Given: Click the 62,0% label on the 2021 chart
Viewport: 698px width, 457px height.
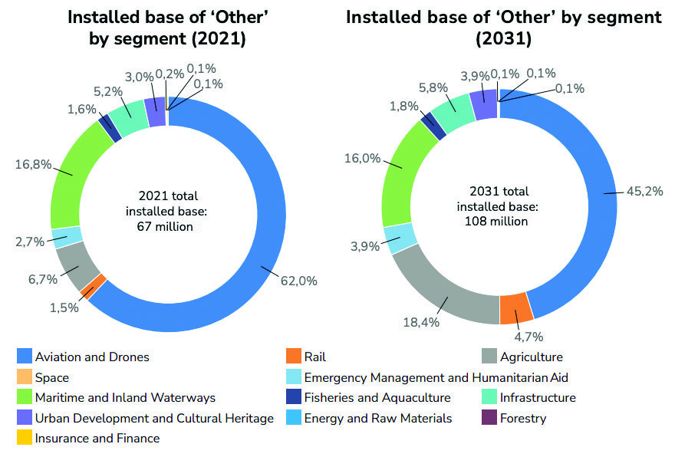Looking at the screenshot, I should [x=298, y=281].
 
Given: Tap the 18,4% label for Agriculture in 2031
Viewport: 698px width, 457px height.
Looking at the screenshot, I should [x=421, y=322].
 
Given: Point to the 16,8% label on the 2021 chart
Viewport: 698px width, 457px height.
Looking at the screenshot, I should [x=31, y=163].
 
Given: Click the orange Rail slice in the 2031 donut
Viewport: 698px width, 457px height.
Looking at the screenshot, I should [x=514, y=307].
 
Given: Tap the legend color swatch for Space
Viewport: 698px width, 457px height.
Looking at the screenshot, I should [x=25, y=377].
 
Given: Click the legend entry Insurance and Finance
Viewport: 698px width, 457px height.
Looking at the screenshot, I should [x=97, y=439].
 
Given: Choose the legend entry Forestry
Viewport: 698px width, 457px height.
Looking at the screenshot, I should [x=522, y=418].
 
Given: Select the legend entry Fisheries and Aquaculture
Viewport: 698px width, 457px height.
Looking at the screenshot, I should [x=377, y=397].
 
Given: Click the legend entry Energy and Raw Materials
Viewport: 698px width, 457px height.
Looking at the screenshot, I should [x=377, y=418].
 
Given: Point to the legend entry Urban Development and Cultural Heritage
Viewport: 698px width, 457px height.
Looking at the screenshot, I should [x=153, y=418].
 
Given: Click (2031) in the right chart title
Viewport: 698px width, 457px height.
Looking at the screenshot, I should [x=503, y=38].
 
